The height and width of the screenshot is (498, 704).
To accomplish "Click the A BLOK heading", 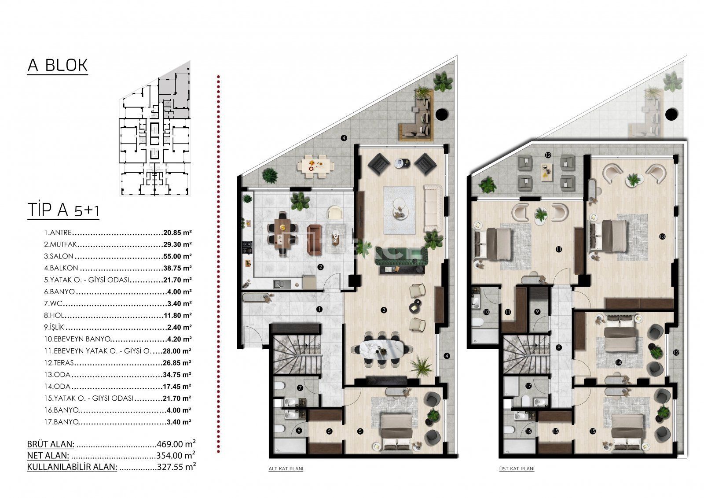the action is coord(58,66).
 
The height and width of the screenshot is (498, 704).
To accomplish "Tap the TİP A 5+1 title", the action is coord(63,210).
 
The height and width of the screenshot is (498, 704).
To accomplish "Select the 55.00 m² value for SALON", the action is coord(177,256).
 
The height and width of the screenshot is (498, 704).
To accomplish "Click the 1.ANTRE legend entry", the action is coord(58,232).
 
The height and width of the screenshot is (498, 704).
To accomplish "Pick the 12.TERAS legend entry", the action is coord(59,363).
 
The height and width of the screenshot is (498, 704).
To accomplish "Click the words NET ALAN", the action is coord(48,455).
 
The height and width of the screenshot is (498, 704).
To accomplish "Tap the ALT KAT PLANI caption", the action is coord(286,469).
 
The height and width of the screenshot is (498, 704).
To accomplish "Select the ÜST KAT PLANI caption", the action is coord(517,469).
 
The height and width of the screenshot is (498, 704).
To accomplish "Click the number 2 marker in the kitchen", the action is coord(320,267).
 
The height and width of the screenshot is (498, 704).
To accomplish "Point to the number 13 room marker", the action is coord(662,236).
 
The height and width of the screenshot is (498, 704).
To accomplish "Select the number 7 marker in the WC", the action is coord(300,388).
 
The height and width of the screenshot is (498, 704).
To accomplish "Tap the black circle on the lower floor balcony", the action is coord(442,114).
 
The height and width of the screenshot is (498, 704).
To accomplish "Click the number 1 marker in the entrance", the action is coord(319,310).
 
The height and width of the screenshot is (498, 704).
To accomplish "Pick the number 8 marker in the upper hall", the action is coord(558,347).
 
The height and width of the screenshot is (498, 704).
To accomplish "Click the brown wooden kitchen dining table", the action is coord(282,233).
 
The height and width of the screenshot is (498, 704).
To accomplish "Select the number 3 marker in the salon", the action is coord(383,310).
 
